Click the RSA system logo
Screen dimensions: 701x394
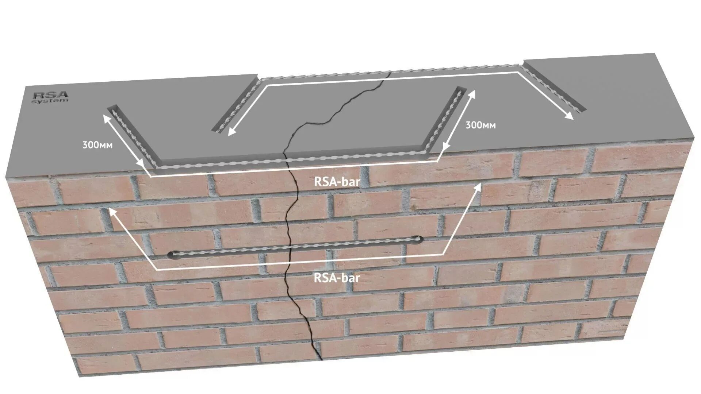(50, 97)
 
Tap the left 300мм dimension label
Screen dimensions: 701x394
(97, 145)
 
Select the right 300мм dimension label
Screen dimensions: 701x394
(480, 125)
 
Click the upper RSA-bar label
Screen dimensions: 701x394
(337, 182)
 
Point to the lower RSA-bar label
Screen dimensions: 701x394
(337, 278)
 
